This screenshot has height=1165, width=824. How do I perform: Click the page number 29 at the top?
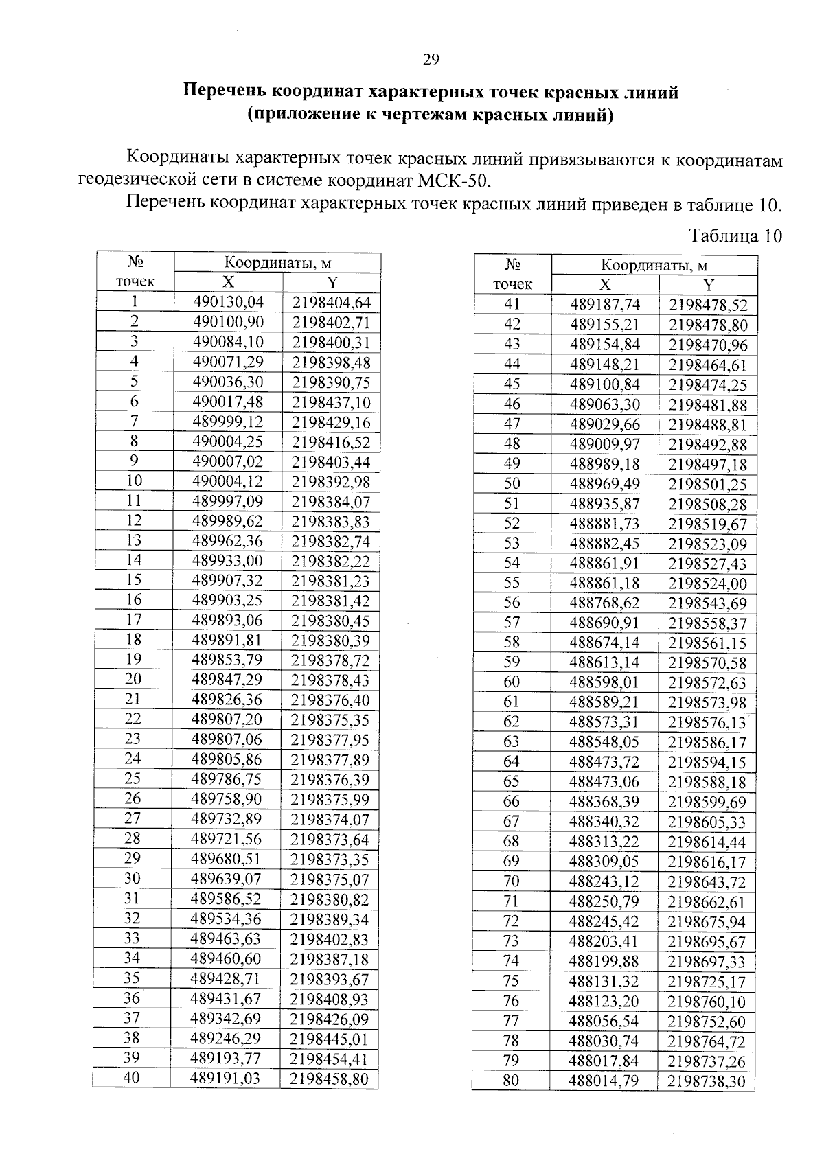[431, 60]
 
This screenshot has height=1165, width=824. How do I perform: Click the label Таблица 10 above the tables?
[735, 236]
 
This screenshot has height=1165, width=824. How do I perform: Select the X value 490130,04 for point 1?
[228, 302]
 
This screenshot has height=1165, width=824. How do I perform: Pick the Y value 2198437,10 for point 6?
[331, 402]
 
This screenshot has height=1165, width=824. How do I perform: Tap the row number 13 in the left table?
[134, 540]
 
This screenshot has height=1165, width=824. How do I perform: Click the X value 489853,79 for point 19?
[227, 660]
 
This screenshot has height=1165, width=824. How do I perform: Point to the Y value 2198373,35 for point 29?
[330, 860]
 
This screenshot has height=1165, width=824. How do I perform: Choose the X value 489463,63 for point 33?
[227, 939]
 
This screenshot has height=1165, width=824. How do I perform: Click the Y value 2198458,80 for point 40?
[329, 1079]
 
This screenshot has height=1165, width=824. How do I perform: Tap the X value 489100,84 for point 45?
[605, 384]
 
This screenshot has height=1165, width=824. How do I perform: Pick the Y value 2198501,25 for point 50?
[708, 485]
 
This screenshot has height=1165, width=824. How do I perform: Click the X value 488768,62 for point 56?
[604, 603]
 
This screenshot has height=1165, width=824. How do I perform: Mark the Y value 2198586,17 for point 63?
[707, 743]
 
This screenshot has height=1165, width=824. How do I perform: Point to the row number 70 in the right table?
[512, 881]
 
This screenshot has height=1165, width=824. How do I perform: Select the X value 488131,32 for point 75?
[604, 981]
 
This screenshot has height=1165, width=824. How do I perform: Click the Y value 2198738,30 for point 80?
[706, 1082]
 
